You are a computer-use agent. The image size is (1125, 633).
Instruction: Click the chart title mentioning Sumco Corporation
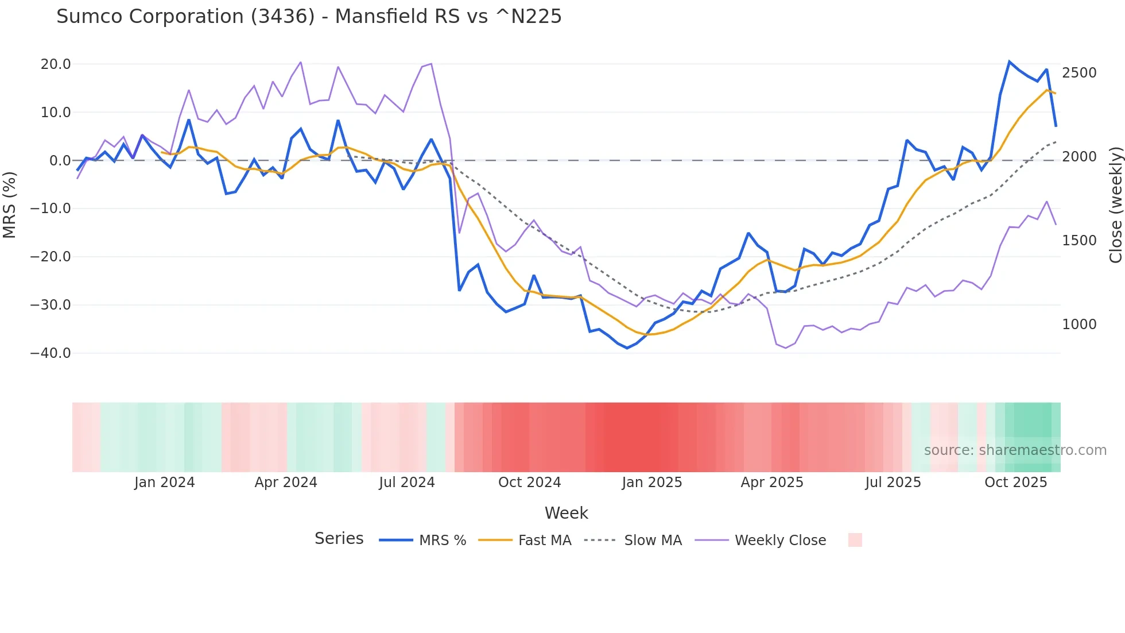(309, 17)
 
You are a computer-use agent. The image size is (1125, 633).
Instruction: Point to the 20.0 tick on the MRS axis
(56, 64)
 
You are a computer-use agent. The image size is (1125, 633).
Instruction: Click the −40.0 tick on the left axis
(51, 353)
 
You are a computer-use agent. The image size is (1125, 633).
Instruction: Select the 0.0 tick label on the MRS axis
(60, 161)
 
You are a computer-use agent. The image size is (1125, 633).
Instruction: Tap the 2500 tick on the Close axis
(1079, 73)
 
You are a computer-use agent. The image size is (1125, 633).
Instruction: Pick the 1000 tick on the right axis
(1079, 325)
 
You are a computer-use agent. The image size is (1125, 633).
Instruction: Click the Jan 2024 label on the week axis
(165, 483)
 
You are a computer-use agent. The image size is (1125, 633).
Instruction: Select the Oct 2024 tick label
(529, 483)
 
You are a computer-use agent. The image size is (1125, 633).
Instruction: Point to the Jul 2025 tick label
(893, 483)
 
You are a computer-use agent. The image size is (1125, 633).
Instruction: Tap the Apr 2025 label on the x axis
(772, 483)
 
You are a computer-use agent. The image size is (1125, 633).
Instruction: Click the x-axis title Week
(566, 513)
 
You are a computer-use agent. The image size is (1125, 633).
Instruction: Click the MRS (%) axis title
(10, 204)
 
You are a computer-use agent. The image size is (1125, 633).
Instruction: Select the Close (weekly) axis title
(1116, 205)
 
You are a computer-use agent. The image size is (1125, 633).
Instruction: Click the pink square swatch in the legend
(855, 540)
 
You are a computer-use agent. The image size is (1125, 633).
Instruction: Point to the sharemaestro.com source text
(1015, 450)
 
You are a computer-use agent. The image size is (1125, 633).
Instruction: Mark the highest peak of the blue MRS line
(1009, 61)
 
